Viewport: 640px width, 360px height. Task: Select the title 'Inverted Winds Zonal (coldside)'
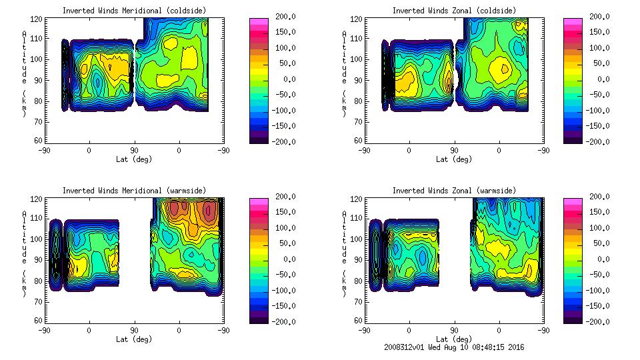pyautogui.click(x=454, y=11)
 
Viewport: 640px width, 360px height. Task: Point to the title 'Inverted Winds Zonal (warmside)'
pyautogui.click(x=454, y=191)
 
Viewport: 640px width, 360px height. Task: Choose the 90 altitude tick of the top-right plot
pyautogui.click(x=358, y=79)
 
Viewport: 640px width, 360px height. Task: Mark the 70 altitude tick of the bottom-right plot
pyautogui.click(x=358, y=301)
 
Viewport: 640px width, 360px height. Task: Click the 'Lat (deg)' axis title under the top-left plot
pyautogui.click(x=134, y=159)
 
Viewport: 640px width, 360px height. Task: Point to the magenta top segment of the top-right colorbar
pyautogui.click(x=572, y=21)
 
